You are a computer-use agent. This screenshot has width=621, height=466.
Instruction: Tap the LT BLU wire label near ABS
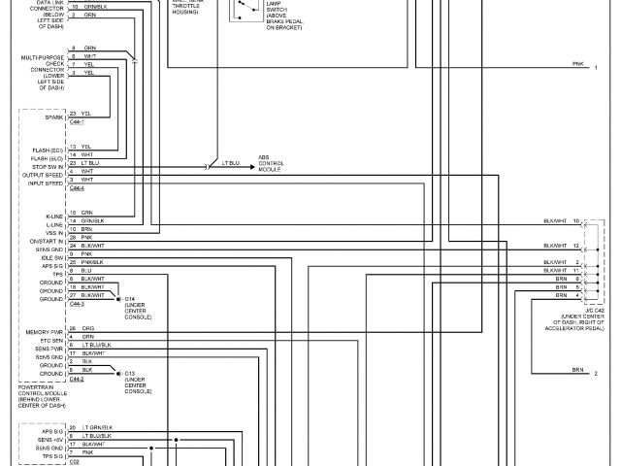(231, 161)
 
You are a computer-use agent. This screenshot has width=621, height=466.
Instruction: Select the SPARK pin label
(52, 117)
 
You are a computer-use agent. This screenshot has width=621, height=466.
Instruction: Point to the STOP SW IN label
(47, 167)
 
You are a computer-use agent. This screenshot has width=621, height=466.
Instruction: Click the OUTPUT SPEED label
(45, 176)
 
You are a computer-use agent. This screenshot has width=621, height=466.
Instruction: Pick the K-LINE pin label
(53, 216)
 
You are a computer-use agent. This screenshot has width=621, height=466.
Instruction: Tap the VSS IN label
(54, 233)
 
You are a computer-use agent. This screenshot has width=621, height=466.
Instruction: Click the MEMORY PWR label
(45, 332)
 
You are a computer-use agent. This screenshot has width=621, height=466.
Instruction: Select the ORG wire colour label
(88, 328)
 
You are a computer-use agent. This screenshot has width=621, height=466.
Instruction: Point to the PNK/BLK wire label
(92, 262)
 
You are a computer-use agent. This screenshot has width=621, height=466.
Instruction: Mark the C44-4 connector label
(77, 188)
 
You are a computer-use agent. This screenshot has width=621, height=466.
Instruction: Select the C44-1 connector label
(77, 122)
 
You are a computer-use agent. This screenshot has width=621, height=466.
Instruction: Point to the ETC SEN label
(49, 340)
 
